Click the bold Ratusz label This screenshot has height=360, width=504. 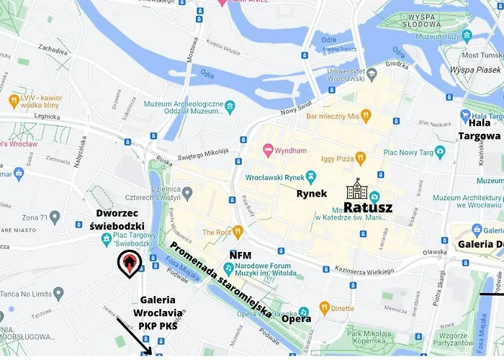(368, 207)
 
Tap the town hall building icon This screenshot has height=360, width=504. (356, 190)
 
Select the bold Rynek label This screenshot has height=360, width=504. (312, 193)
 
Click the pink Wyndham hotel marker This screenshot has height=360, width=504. (267, 151)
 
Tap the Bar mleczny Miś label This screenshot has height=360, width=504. (332, 115)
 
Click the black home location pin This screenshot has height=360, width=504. (129, 264)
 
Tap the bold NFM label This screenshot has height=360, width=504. (240, 255)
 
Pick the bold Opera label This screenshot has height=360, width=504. (296, 318)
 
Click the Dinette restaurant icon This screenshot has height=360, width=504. (324, 308)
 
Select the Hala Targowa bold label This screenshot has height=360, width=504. (479, 129)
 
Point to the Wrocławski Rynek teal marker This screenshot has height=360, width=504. (311, 176)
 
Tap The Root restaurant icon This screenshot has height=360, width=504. (238, 232)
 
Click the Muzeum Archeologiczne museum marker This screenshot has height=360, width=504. (230, 107)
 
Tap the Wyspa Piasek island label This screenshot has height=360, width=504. (475, 71)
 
